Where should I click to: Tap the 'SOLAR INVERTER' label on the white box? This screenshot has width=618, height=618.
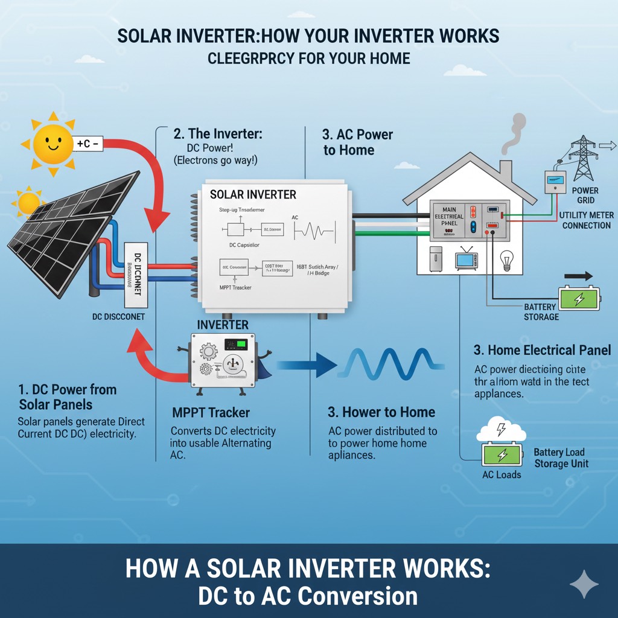(x=253, y=194)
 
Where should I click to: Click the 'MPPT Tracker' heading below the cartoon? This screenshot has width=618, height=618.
(x=210, y=413)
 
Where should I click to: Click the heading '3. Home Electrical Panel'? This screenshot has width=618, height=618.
(x=542, y=350)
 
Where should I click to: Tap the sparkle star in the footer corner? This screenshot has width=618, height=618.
(x=584, y=584)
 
